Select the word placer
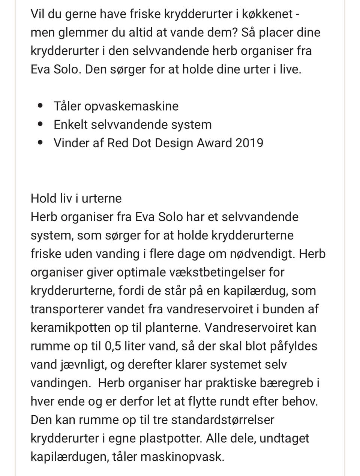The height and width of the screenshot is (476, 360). [x=270, y=32]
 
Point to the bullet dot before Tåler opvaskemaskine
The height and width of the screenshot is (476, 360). [x=40, y=106]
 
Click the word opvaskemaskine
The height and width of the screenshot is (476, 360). [x=131, y=106]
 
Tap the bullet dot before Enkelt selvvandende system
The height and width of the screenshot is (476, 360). [x=40, y=124]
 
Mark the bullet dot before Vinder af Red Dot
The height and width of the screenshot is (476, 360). [x=40, y=142]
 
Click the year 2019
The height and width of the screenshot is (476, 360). [x=249, y=143]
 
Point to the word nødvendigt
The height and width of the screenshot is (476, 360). [x=261, y=254]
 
